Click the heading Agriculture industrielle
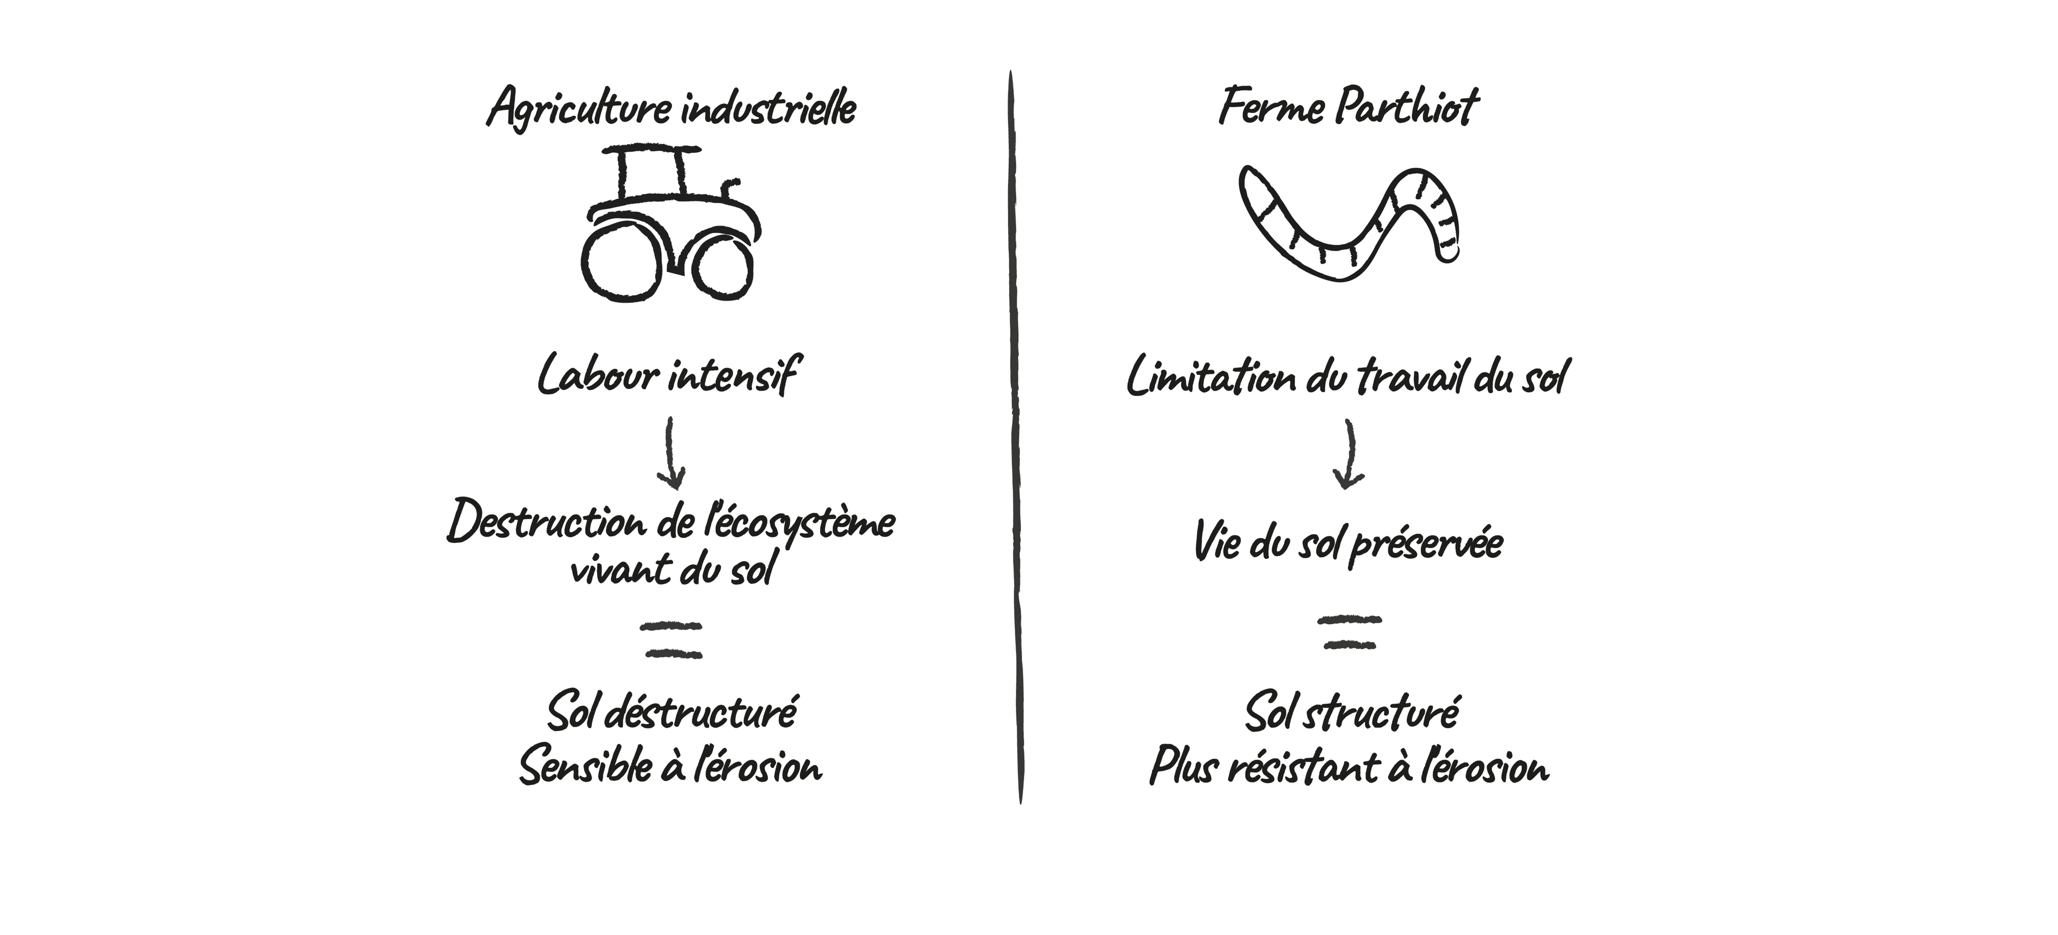(x=671, y=109)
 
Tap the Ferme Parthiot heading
(x=1348, y=108)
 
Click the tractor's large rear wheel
(x=620, y=263)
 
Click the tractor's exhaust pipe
(x=729, y=189)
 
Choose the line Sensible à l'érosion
(x=670, y=767)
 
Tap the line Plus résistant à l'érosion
(x=1348, y=767)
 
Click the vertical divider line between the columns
(x=1016, y=439)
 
